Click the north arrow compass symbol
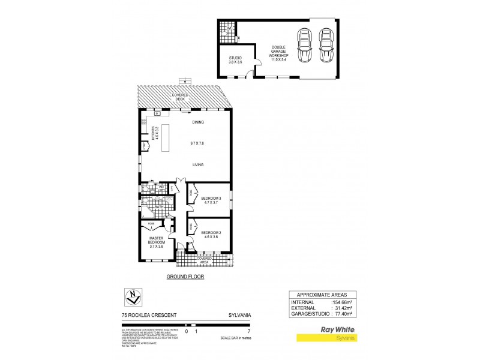133,296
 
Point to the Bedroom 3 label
211,198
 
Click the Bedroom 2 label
211,233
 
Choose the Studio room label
235,58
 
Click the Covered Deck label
184,95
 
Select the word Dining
198,122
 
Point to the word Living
198,164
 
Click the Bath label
158,207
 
